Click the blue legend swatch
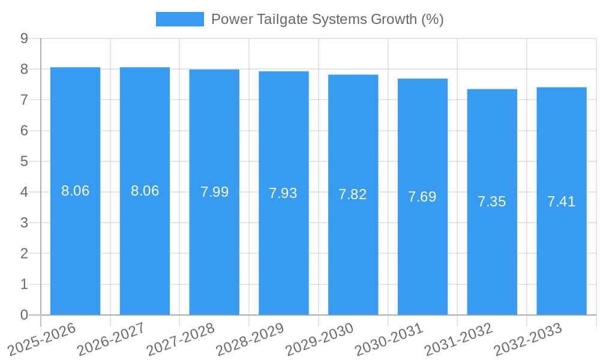click(179, 19)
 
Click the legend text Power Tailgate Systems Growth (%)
click(327, 19)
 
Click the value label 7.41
click(561, 202)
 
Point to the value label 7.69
click(422, 197)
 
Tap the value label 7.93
click(283, 193)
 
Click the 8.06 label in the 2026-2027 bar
click(145, 191)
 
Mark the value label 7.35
click(492, 202)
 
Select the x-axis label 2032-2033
click(527, 339)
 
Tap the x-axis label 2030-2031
click(389, 339)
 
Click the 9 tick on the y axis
click(24, 38)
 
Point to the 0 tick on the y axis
click(24, 315)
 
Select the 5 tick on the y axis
click(24, 161)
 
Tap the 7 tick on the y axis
click(24, 100)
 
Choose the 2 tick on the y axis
click(24, 254)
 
